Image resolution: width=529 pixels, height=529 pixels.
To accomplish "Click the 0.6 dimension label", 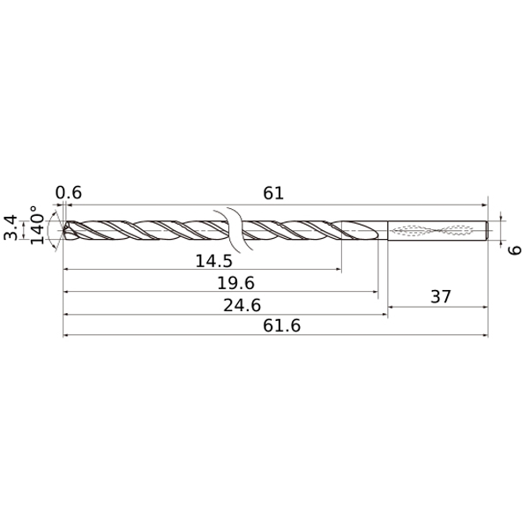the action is pyautogui.click(x=69, y=192).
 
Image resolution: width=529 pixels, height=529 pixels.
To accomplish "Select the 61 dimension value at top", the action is pyautogui.click(x=273, y=193).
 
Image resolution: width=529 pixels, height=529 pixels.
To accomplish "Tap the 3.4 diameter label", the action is pyautogui.click(x=11, y=227).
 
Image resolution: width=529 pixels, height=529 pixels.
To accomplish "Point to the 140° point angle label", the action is pyautogui.click(x=37, y=225).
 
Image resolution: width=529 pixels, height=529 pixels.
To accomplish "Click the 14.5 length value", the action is pyautogui.click(x=214, y=261).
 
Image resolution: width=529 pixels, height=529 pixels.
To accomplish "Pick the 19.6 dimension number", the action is pyautogui.click(x=235, y=283).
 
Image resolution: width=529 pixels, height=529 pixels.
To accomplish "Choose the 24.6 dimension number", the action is pyautogui.click(x=242, y=305).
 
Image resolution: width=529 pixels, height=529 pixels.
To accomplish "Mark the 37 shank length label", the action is pyautogui.click(x=441, y=297).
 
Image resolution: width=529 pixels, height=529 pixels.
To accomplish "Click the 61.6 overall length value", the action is pyautogui.click(x=282, y=326).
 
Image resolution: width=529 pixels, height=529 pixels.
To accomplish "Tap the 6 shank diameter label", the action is pyautogui.click(x=515, y=250).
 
